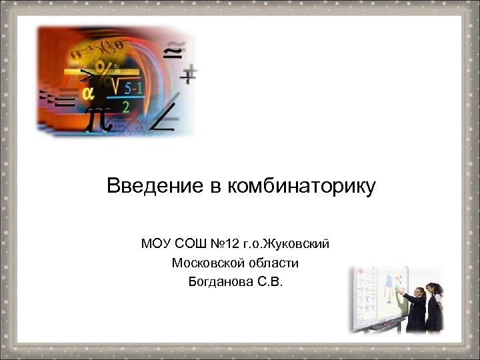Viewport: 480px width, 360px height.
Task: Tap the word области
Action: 274,263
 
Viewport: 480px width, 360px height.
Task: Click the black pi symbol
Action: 100,117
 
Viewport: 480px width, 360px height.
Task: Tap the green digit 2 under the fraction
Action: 125,105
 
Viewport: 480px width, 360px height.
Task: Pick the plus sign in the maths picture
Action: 189,75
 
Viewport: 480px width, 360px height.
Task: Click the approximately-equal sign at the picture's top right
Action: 172,51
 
